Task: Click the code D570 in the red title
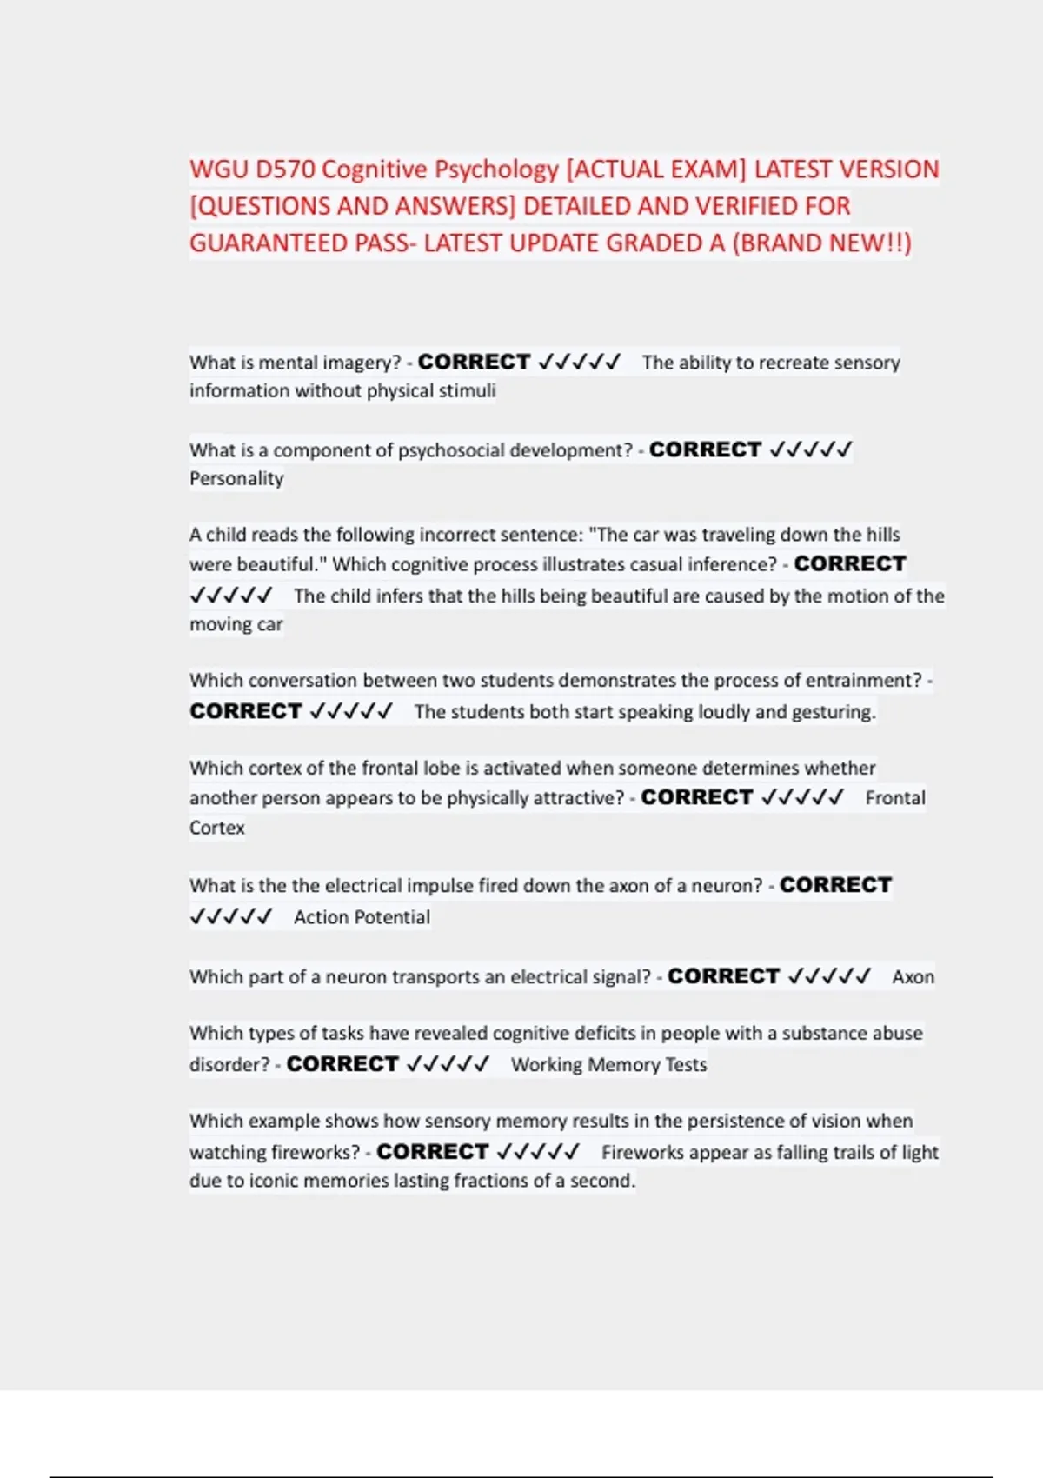[285, 170]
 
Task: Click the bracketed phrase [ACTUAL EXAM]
[656, 170]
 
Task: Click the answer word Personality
[236, 478]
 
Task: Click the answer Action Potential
[362, 917]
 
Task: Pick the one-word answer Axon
[913, 977]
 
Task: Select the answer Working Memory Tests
[608, 1065]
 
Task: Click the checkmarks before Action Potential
[231, 917]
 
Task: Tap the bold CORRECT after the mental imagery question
[474, 362]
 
